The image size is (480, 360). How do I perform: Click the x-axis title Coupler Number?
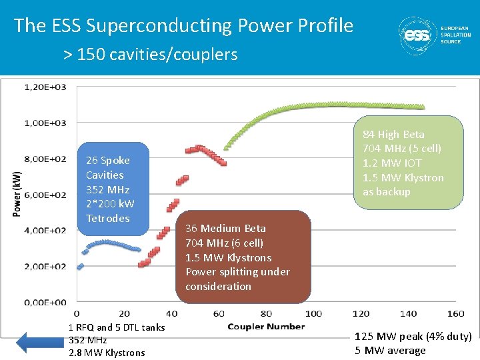coord(266,326)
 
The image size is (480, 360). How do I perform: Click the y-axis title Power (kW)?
coord(16,194)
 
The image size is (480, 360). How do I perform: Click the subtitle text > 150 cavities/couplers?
coord(150,54)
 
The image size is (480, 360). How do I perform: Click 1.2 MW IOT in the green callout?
coord(392,163)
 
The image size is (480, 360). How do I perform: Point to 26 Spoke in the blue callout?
coord(107,160)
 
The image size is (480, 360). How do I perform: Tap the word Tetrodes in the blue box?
coord(107,218)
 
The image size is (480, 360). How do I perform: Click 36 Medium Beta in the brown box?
coord(225,228)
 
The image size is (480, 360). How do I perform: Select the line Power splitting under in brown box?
coord(237,271)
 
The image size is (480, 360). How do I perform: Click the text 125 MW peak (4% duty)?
coord(413,337)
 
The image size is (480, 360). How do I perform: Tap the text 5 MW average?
coord(390,351)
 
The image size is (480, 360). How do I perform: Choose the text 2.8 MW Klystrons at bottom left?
coord(107,353)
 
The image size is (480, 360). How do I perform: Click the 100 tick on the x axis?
coord(313,313)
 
